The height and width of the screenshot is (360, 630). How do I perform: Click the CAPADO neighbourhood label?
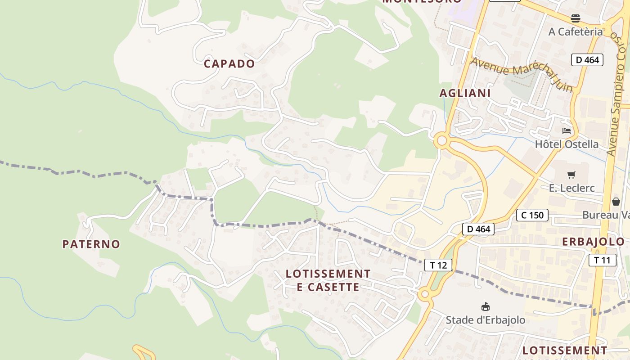pos(229,64)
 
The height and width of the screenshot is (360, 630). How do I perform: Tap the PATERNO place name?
pos(91,244)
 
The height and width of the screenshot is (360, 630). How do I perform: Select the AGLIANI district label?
pos(465,93)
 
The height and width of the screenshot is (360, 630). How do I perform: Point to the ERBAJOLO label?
pos(593,242)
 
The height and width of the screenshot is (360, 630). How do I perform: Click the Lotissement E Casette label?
pos(328,280)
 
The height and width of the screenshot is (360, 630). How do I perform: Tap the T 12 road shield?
pos(438,265)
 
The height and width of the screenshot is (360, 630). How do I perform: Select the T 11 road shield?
pos(602,260)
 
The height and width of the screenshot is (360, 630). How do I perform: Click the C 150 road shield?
pos(532,215)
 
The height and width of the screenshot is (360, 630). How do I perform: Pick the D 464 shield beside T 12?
pos(478,229)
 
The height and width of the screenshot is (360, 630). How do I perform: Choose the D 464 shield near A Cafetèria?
pos(587,60)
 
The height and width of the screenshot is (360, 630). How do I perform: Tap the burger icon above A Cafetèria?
pos(576,18)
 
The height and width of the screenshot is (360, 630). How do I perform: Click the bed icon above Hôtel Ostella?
pos(567,131)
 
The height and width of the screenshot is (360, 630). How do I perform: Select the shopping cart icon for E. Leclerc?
pos(571,175)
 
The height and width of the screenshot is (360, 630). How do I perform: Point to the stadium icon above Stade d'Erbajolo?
pos(485,307)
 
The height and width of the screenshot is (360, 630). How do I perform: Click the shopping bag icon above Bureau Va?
pos(616,202)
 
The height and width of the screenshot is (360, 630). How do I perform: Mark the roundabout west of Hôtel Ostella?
pos(442,141)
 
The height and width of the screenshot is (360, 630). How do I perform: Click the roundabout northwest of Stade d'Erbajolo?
pos(424,295)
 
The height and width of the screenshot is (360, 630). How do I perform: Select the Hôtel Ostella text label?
pos(567,144)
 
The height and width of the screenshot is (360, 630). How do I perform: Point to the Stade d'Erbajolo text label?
pos(485,320)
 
